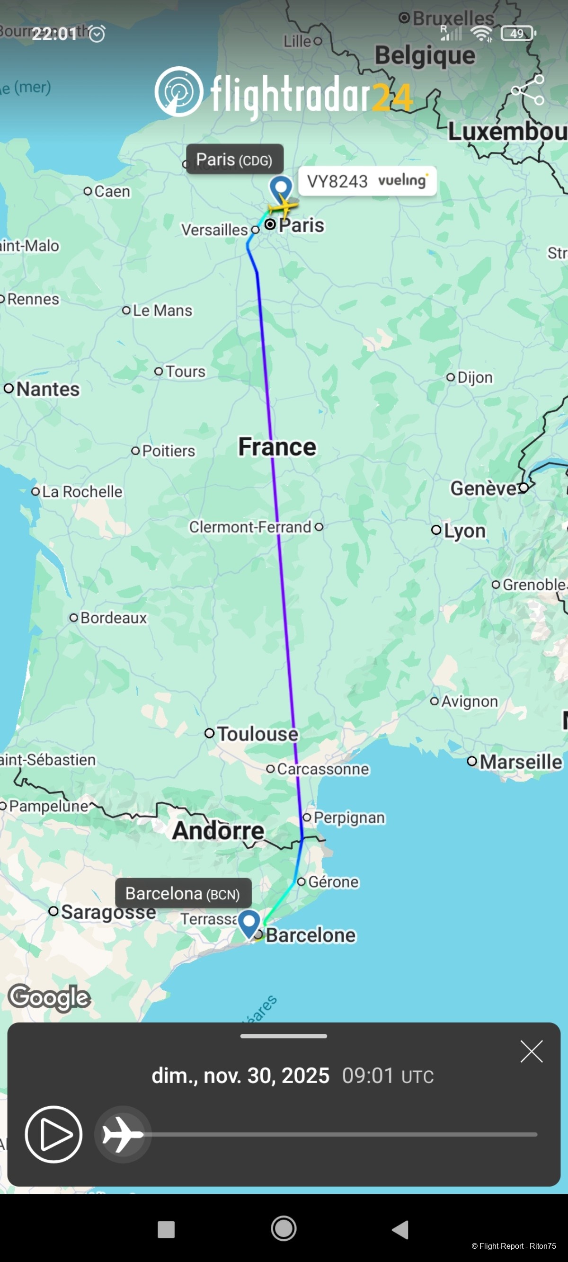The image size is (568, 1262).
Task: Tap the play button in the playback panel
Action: point(53,1134)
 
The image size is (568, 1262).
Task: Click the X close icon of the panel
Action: point(531,1051)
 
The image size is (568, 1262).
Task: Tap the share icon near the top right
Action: point(527,90)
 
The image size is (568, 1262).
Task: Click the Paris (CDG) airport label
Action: point(234,160)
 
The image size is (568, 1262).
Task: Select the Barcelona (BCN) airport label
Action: point(183,894)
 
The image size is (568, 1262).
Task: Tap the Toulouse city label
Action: point(257,734)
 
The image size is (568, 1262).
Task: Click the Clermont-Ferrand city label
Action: point(250,527)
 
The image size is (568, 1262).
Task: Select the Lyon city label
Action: point(465,531)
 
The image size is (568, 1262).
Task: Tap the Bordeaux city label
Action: point(113,618)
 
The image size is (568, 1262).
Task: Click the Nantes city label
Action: point(47,389)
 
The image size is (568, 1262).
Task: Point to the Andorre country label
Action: point(218,830)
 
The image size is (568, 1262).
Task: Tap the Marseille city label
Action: point(521,762)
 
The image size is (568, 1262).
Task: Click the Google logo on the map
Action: point(50,997)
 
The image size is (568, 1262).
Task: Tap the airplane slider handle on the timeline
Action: point(123,1134)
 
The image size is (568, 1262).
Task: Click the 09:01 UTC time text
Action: point(387,1076)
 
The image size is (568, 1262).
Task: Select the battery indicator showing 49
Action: point(517,33)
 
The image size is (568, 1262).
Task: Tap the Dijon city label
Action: point(474,377)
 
